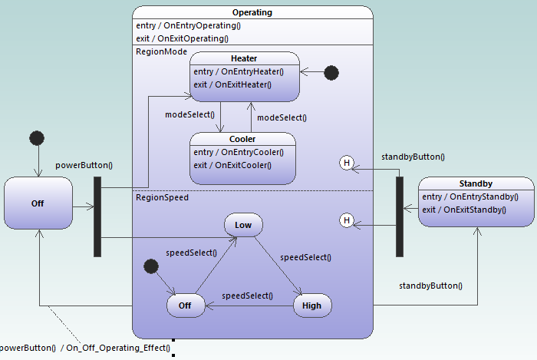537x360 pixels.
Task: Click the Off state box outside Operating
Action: click(38, 203)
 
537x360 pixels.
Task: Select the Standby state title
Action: click(476, 183)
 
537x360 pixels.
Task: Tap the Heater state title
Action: click(244, 58)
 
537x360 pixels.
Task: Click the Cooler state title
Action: click(242, 139)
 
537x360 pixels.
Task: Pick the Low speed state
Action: click(243, 225)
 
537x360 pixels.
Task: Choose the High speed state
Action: click(312, 306)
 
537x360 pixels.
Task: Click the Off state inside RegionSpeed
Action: click(186, 306)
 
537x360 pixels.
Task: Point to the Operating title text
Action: click(252, 12)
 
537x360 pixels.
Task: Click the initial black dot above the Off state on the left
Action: click(36, 138)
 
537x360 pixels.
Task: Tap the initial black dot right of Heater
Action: click(331, 73)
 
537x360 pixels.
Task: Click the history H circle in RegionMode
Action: click(347, 163)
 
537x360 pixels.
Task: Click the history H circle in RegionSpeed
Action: click(347, 221)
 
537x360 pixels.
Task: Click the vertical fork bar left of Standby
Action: click(399, 216)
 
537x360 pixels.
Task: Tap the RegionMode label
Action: click(161, 51)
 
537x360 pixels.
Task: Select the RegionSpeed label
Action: click(163, 197)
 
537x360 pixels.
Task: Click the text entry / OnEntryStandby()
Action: click(469, 197)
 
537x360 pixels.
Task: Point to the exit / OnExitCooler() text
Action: click(232, 165)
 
